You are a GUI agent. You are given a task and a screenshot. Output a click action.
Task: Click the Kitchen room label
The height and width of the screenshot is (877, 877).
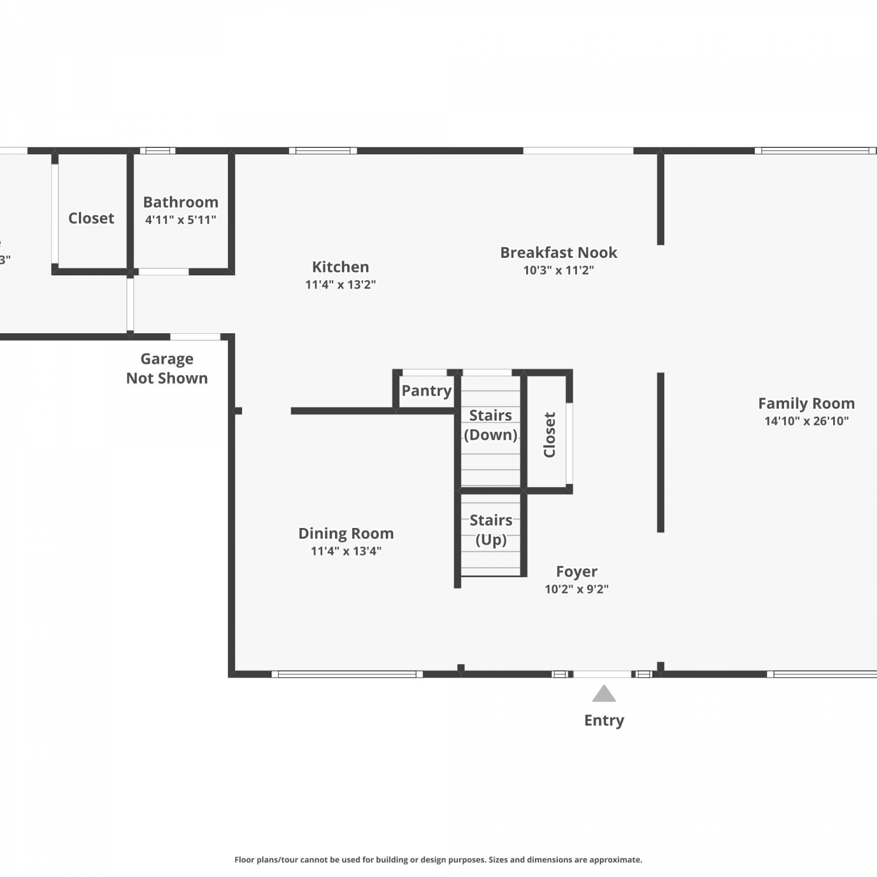[x=340, y=267]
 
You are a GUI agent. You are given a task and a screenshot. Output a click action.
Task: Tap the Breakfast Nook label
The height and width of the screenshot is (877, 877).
[x=558, y=253]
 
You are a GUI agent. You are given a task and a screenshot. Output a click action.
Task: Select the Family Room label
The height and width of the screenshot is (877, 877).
[x=806, y=403]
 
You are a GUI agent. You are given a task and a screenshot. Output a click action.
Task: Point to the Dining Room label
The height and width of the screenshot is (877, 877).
[x=346, y=533]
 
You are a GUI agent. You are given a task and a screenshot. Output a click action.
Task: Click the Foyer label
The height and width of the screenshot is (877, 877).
[x=576, y=571]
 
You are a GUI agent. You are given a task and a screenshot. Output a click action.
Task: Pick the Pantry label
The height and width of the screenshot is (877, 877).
[x=426, y=391]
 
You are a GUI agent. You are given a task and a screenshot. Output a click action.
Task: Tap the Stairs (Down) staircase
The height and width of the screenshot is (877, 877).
[x=491, y=431]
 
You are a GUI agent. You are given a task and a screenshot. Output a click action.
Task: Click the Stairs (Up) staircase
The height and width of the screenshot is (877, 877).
[x=491, y=535]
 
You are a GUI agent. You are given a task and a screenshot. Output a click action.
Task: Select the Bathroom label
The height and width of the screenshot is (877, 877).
[x=181, y=202]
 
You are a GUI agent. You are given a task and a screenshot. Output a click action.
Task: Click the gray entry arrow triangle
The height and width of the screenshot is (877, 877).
[x=604, y=694]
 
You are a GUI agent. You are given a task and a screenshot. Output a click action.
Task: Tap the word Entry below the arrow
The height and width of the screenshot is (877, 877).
[x=604, y=720]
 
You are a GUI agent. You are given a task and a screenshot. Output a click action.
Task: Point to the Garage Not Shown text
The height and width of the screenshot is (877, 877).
[x=167, y=368]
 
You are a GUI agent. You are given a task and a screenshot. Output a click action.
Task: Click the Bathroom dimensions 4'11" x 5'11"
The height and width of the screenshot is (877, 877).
[x=181, y=220]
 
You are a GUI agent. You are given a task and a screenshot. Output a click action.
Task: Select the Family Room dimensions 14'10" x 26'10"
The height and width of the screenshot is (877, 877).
[x=806, y=421]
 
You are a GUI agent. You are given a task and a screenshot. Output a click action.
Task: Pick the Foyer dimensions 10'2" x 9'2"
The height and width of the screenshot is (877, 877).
[x=576, y=589]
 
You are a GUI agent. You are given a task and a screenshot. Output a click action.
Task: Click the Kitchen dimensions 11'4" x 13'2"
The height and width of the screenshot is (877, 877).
[x=340, y=285]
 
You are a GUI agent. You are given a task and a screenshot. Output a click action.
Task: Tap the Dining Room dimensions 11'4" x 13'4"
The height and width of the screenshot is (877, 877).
[x=346, y=551]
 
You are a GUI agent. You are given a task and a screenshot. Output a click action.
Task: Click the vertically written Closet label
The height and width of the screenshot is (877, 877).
[x=550, y=434]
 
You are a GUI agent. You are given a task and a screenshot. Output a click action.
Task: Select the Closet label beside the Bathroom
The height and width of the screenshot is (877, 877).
[x=91, y=218]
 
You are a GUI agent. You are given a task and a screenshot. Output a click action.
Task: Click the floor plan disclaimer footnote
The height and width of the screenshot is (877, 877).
[x=438, y=859]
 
